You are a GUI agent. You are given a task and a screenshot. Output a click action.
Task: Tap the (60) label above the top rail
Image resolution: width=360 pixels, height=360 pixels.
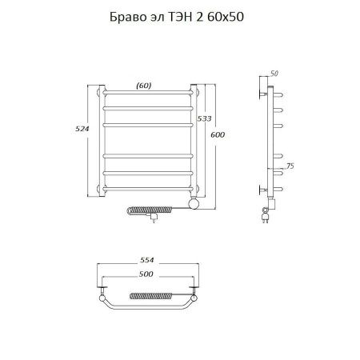tap(144, 86)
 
